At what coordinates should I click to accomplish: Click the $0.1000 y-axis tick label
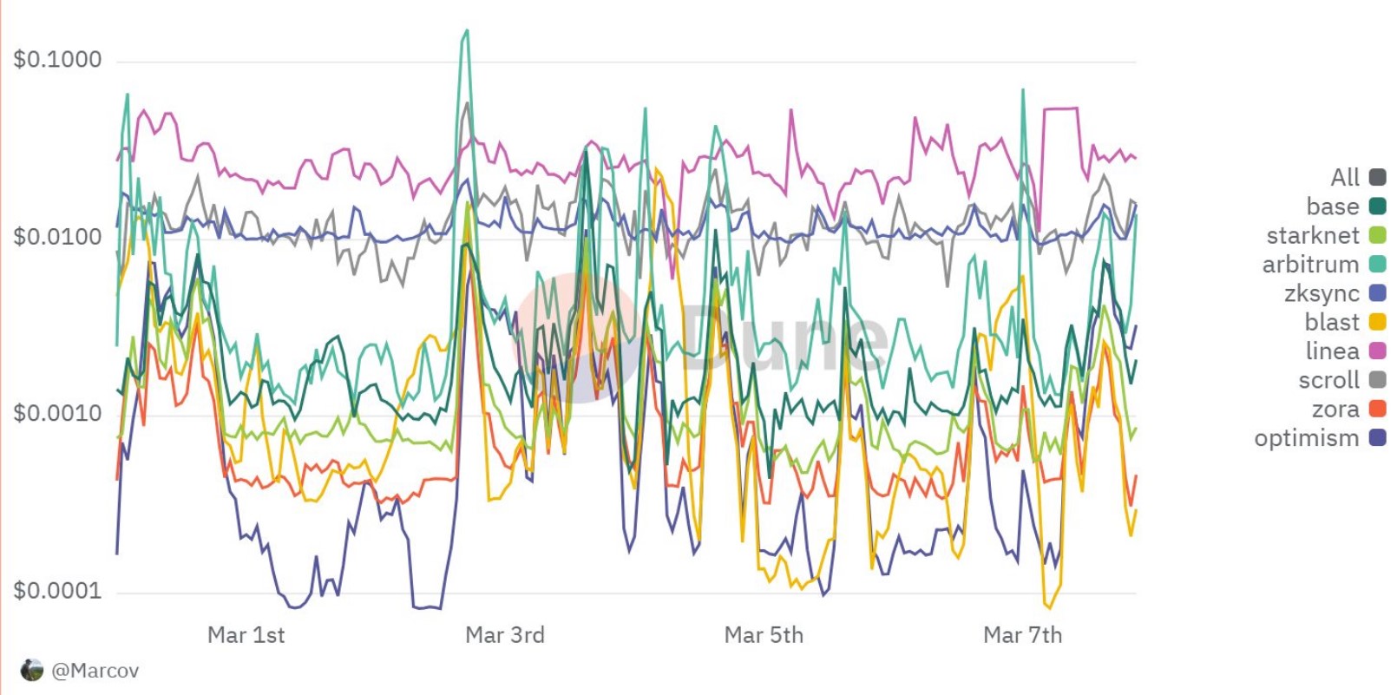57,60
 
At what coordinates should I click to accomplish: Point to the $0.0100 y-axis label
57,237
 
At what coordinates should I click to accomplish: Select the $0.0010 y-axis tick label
57,413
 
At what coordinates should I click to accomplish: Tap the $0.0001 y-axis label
57,592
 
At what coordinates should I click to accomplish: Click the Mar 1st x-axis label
246,635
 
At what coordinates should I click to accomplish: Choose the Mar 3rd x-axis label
505,635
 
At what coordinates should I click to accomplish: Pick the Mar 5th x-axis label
764,635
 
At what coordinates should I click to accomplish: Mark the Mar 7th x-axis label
1022,635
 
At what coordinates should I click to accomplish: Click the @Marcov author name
95,671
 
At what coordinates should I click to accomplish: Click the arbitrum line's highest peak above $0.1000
467,31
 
